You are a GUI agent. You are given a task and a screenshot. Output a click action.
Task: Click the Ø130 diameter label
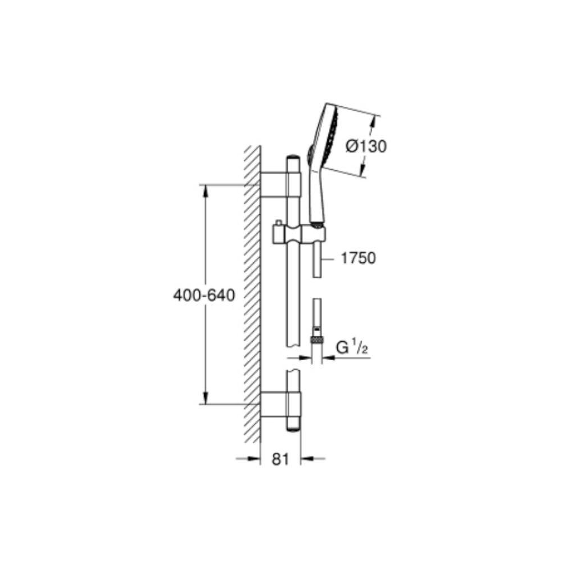click(x=366, y=146)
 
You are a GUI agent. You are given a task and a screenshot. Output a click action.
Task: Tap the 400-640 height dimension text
click(x=204, y=296)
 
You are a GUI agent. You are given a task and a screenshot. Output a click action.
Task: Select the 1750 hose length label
click(x=357, y=258)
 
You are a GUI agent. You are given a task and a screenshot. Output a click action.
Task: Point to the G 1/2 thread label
click(x=352, y=348)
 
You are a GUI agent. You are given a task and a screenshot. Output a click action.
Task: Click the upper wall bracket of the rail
click(x=280, y=184)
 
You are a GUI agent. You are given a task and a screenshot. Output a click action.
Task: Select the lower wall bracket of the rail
click(x=280, y=404)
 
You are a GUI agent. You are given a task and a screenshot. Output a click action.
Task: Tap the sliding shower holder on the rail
click(x=300, y=234)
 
